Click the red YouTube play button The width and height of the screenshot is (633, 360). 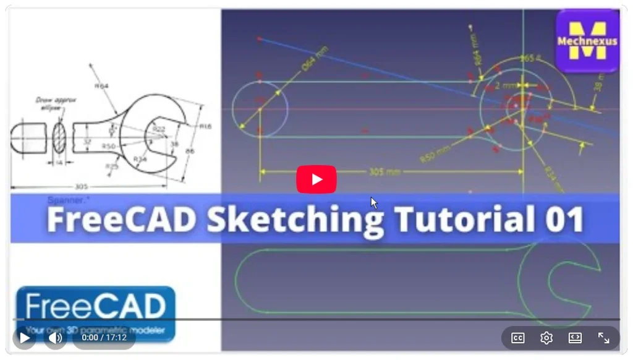[316, 179]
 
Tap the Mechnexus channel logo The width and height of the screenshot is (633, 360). [587, 41]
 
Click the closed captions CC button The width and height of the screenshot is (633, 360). [517, 338]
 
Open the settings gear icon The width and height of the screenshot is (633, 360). [546, 338]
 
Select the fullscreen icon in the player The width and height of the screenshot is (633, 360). [603, 338]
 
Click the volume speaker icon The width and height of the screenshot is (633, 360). [55, 338]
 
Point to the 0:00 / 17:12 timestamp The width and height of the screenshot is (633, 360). [104, 338]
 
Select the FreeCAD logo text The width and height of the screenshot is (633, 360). [95, 307]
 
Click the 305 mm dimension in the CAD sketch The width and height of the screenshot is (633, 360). [384, 171]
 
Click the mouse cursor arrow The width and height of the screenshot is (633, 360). [373, 202]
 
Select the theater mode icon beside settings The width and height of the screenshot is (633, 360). [575, 338]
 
